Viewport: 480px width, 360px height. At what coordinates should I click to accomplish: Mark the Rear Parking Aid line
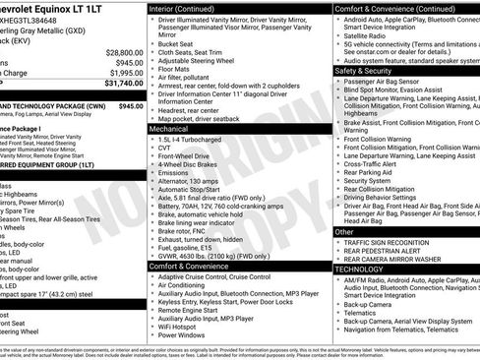(x=372, y=172)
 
